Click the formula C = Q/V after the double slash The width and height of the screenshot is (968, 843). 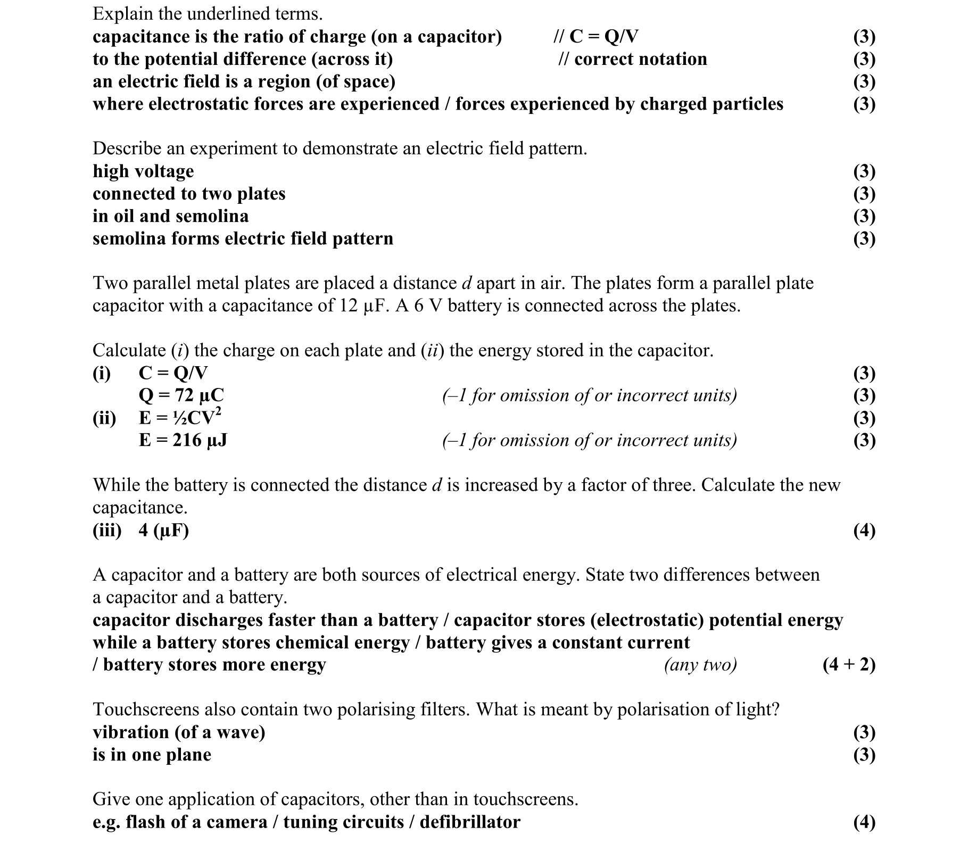pos(603,36)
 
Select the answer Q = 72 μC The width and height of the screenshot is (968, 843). pos(181,395)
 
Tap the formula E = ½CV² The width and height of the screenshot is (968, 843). pos(180,417)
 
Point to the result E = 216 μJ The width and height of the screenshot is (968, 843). pos(183,440)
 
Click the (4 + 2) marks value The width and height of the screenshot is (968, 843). pos(848,665)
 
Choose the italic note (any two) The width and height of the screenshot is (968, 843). pos(700,665)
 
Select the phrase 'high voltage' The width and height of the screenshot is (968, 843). pos(143,171)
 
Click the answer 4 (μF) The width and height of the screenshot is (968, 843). pos(163,530)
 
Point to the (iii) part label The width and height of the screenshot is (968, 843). pos(107,530)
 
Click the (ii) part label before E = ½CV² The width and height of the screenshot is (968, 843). pos(104,418)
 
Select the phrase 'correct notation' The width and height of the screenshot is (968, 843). pos(640,59)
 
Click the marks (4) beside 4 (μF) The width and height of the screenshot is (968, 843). pos(864,530)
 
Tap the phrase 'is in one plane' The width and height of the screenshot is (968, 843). pos(152,755)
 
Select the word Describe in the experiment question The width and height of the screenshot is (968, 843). pos(127,148)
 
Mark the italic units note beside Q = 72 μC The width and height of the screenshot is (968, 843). pos(589,395)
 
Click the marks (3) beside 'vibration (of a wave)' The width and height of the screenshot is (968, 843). pos(864,732)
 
